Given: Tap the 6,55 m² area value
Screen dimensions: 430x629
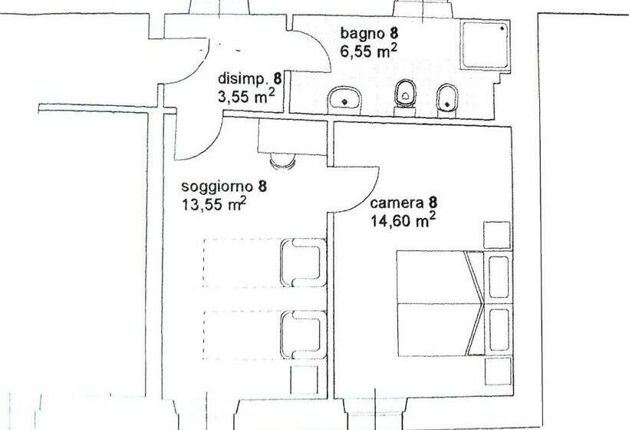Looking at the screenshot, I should click(369, 51).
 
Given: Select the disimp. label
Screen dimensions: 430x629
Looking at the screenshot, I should click(241, 79).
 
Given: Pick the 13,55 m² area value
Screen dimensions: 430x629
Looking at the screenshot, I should click(213, 204).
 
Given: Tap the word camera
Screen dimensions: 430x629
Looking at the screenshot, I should click(397, 203).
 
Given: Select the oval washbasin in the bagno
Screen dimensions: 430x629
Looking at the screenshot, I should click(346, 98).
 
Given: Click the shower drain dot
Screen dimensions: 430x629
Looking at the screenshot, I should click(502, 28).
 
